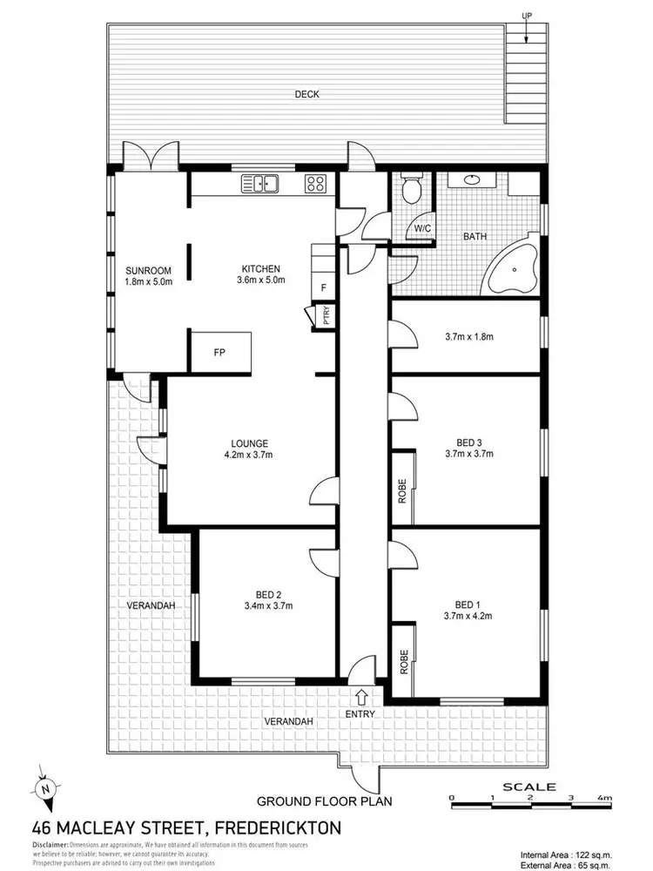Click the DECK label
306,94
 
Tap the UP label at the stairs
526,16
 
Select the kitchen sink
259,183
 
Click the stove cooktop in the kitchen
314,183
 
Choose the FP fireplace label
220,353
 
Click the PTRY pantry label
326,314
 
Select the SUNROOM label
143,270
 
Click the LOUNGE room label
251,442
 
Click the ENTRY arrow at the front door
361,698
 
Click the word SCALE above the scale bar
529,786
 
